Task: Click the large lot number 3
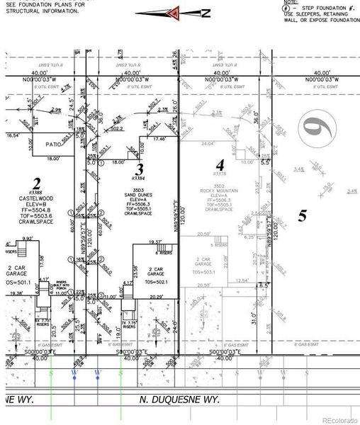pos(140,169)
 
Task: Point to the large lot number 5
pos(302,216)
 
